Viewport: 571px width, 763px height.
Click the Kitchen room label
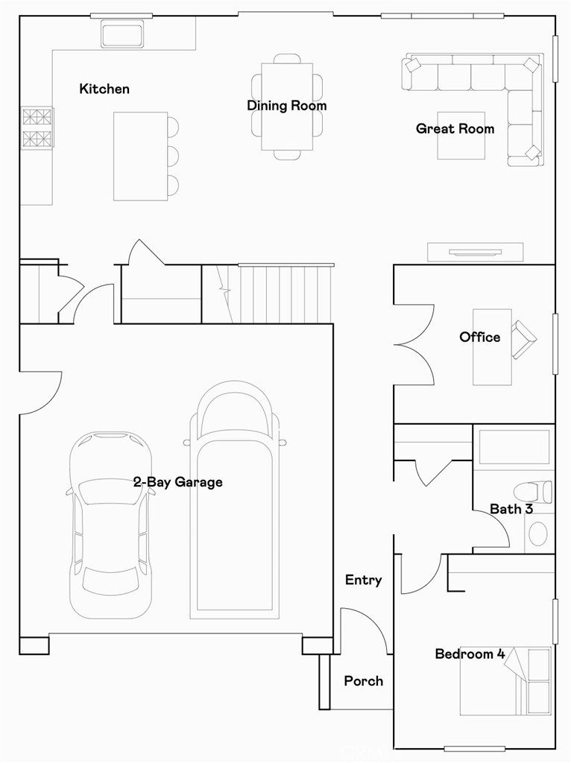coord(104,89)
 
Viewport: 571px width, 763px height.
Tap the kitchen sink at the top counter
coord(122,34)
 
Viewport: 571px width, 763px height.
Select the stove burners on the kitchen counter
coord(37,127)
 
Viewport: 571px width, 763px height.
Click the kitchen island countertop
coord(141,156)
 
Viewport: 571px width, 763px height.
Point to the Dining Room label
coord(287,106)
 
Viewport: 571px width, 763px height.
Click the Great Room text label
coord(455,128)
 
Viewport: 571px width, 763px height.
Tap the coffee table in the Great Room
coord(461,136)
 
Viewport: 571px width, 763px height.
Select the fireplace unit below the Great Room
coord(475,252)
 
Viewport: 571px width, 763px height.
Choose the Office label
coord(479,337)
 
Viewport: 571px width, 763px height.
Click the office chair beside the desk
coord(523,339)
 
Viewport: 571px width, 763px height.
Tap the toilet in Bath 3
coord(533,491)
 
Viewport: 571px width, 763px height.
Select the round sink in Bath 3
coord(538,534)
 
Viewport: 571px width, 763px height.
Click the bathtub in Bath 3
coord(514,447)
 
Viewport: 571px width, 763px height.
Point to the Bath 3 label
coord(511,509)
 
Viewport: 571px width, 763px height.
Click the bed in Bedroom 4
coord(505,681)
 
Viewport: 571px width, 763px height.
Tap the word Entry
coord(363,580)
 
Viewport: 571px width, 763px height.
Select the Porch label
coord(363,681)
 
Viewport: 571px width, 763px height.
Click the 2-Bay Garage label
coord(178,482)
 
